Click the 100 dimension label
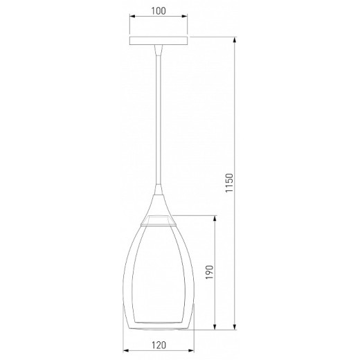point(159,11)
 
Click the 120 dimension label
point(159,345)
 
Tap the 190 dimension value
point(210,272)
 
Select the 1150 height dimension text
point(229,183)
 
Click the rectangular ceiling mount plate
point(159,40)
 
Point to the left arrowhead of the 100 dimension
point(132,16)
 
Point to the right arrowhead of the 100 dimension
point(185,16)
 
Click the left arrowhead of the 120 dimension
point(126,351)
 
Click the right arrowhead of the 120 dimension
point(191,351)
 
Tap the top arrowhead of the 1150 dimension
point(235,40)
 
